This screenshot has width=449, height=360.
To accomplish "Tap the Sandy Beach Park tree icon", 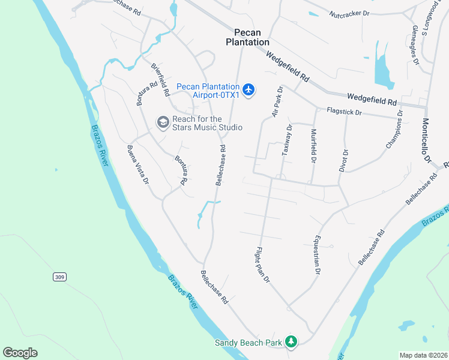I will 291,342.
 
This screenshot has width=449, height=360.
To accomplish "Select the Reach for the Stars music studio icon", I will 163,122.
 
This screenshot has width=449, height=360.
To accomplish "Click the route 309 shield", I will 59,277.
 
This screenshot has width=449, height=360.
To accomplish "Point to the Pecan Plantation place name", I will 247,37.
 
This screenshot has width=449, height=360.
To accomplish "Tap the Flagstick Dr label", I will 344,112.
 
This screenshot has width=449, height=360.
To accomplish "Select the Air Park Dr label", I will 277,101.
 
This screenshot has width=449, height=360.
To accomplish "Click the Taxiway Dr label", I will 288,140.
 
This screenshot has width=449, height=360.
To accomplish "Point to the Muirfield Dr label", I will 313,145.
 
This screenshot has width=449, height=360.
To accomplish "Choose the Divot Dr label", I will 345,160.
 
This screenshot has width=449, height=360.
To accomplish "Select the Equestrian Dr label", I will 315,254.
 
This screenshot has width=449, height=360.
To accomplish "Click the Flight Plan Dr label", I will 263,265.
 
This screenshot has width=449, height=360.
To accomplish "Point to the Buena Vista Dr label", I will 137,164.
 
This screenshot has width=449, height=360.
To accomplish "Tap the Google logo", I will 20,353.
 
